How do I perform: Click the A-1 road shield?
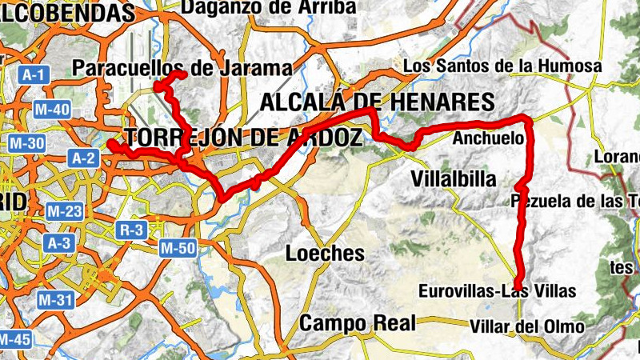pos(34,75)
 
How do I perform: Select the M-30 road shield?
pos(25,144)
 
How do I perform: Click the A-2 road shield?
pos(84,158)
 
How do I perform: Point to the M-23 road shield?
pos(64,211)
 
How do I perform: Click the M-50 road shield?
pos(177,248)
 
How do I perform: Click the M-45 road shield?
pos(14,339)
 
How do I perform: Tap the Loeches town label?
pos(325,254)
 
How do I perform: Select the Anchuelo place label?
pos(488,139)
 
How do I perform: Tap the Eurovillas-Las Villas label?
pos(497,291)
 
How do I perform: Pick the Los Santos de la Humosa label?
pos(502,66)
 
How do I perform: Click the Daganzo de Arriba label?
pos(269,7)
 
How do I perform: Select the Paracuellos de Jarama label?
pos(182,69)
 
